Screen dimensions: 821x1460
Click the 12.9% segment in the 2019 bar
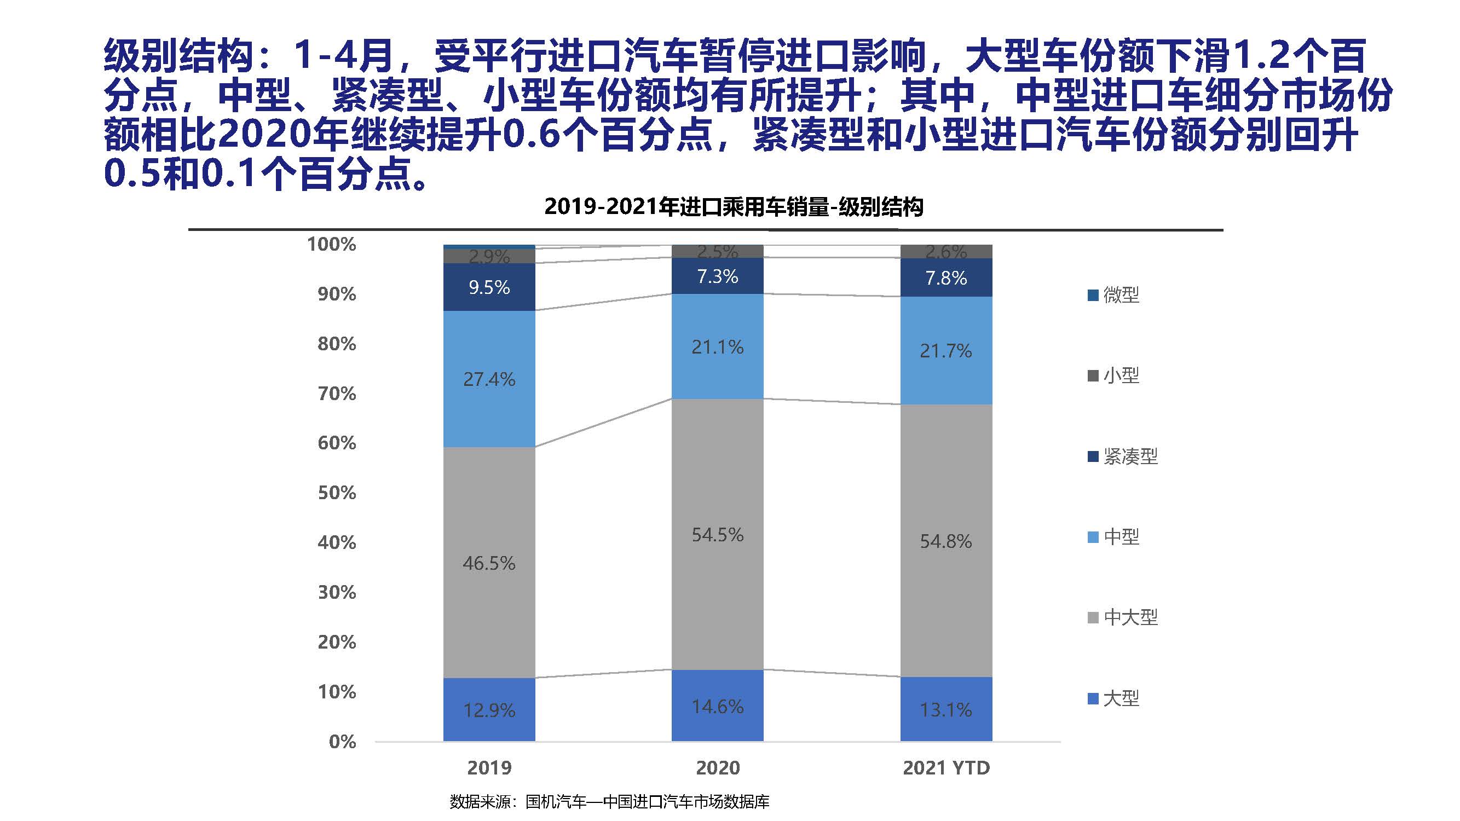click(x=489, y=709)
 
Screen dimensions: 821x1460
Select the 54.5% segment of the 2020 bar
click(x=718, y=534)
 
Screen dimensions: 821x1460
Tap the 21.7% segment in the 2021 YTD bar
click(x=946, y=351)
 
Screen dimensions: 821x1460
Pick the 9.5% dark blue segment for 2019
click(x=489, y=287)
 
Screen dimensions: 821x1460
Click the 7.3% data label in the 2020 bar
click(x=718, y=276)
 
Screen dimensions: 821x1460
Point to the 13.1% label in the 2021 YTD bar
click(x=946, y=709)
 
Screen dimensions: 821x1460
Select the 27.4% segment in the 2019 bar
click(x=489, y=379)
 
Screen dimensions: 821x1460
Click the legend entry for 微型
click(x=1114, y=294)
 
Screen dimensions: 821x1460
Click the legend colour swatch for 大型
click(x=1093, y=698)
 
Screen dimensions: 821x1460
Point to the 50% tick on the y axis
click(x=337, y=493)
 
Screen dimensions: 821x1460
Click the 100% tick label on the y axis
click(x=332, y=244)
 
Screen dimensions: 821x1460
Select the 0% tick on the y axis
click(x=342, y=742)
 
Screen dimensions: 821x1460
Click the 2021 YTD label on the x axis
click(x=946, y=768)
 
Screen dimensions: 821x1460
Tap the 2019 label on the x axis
click(x=489, y=768)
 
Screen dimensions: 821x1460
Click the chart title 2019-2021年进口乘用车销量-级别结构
click(x=734, y=207)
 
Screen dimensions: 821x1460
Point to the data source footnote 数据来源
click(x=609, y=802)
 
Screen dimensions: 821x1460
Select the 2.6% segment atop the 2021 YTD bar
click(x=946, y=251)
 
